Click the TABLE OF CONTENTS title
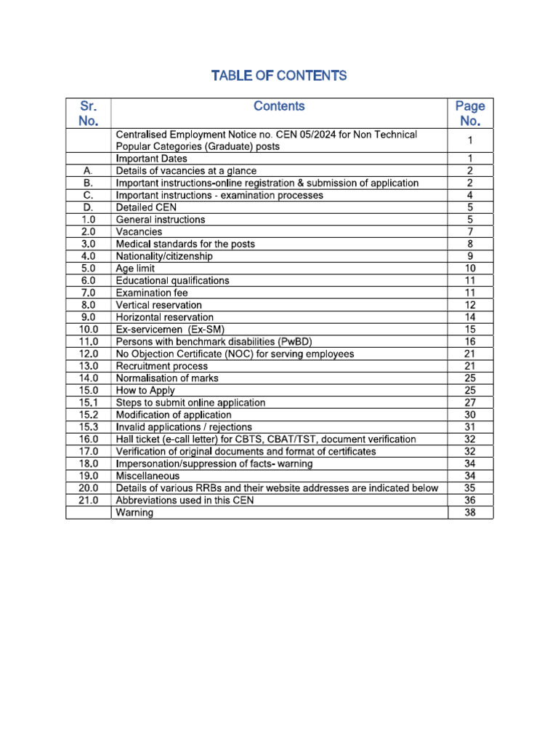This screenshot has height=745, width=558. [278, 76]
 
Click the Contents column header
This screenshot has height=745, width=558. [279, 106]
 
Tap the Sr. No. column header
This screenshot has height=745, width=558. [88, 113]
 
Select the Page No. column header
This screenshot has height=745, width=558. [470, 113]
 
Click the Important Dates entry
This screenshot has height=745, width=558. [151, 159]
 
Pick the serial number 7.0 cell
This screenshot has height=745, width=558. [88, 293]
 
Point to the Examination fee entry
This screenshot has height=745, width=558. [151, 293]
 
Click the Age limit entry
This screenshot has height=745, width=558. [135, 268]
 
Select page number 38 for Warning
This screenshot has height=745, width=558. [470, 513]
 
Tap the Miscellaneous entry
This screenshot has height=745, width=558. [147, 476]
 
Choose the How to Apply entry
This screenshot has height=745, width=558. [145, 391]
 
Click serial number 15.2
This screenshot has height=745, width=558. [88, 415]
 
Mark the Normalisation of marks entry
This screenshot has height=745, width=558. [167, 378]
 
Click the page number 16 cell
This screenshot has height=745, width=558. [470, 342]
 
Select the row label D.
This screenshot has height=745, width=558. [88, 207]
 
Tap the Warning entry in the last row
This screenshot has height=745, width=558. [134, 513]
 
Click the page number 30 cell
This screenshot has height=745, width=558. [470, 415]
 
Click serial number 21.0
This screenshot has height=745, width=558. [88, 501]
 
